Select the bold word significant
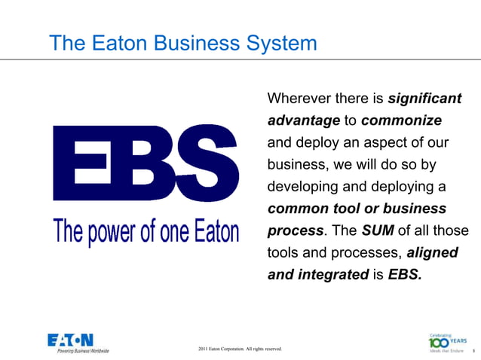424,99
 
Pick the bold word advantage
303,121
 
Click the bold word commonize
401,121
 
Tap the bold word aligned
432,253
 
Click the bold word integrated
331,275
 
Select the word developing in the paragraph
304,187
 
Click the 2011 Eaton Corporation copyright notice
240,349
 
